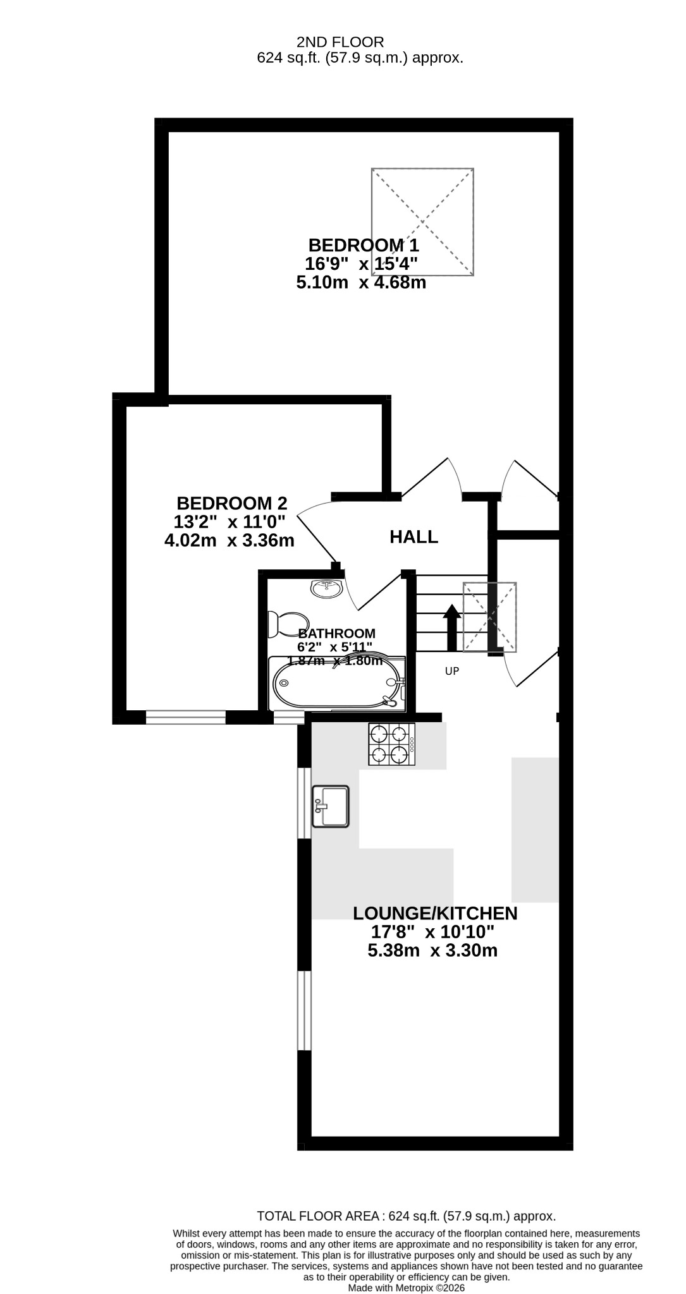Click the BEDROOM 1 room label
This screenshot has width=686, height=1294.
(364, 245)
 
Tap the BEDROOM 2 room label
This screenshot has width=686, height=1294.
(231, 504)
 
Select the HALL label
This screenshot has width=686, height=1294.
(413, 537)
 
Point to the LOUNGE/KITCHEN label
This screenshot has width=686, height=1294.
(435, 913)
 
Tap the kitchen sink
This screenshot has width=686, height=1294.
(330, 806)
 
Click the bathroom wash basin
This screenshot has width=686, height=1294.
(326, 588)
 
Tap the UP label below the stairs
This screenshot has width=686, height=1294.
(451, 672)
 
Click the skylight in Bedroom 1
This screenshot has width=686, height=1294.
(423, 222)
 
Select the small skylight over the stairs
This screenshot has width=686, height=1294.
(490, 617)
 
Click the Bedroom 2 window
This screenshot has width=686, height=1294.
(186, 717)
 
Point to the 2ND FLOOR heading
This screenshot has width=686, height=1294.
(340, 42)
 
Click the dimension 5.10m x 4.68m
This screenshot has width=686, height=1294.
(361, 282)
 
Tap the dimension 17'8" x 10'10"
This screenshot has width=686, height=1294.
(432, 932)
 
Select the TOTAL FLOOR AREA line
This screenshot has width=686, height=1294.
(407, 1216)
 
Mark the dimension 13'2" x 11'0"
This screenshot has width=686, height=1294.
(230, 522)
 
